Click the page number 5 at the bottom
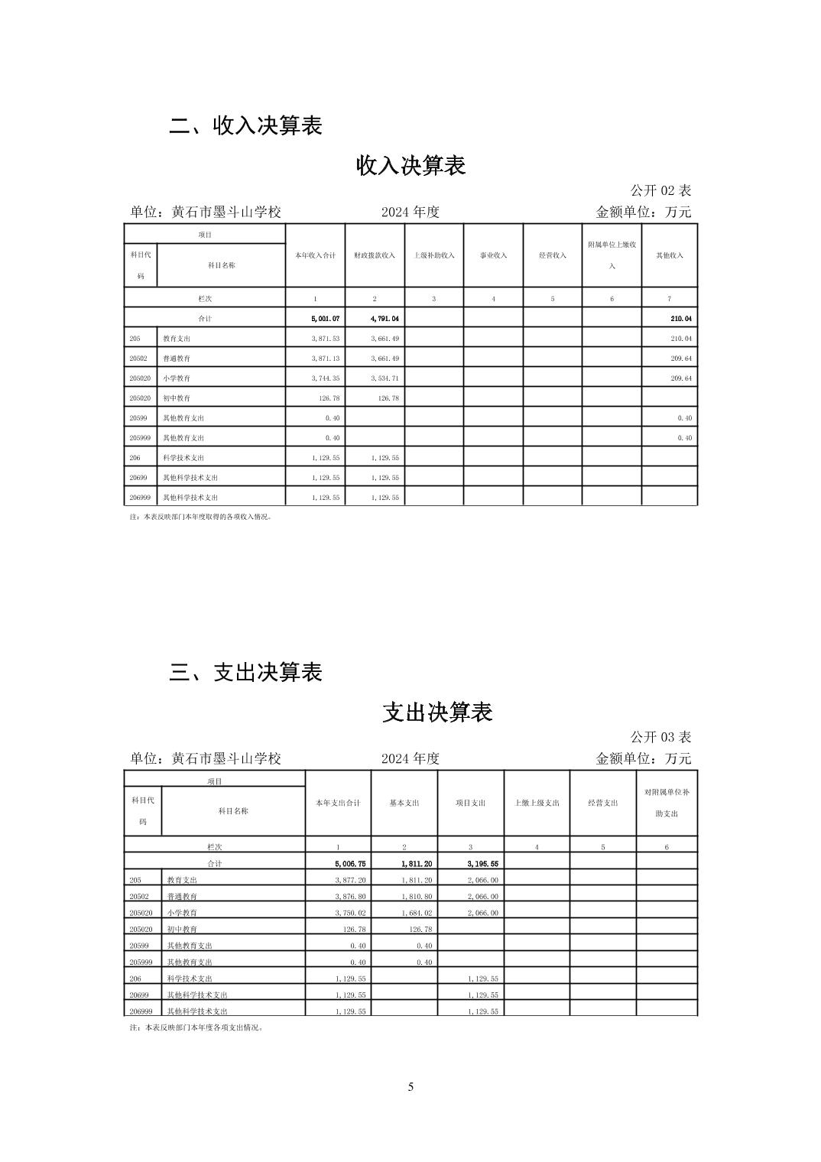pyautogui.click(x=411, y=1087)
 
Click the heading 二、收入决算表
pyautogui.click(x=245, y=125)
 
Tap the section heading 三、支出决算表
pyautogui.click(x=245, y=672)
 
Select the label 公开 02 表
pyautogui.click(x=660, y=190)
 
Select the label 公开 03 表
pyautogui.click(x=660, y=737)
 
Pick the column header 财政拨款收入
pyautogui.click(x=375, y=255)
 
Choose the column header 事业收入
pyautogui.click(x=493, y=255)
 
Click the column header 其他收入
pyautogui.click(x=670, y=255)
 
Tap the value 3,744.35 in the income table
pyautogui.click(x=325, y=378)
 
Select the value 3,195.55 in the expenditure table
pyautogui.click(x=482, y=863)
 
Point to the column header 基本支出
pyautogui.click(x=404, y=803)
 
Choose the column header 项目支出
pyautogui.click(x=470, y=803)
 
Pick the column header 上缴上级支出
pyautogui.click(x=537, y=803)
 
